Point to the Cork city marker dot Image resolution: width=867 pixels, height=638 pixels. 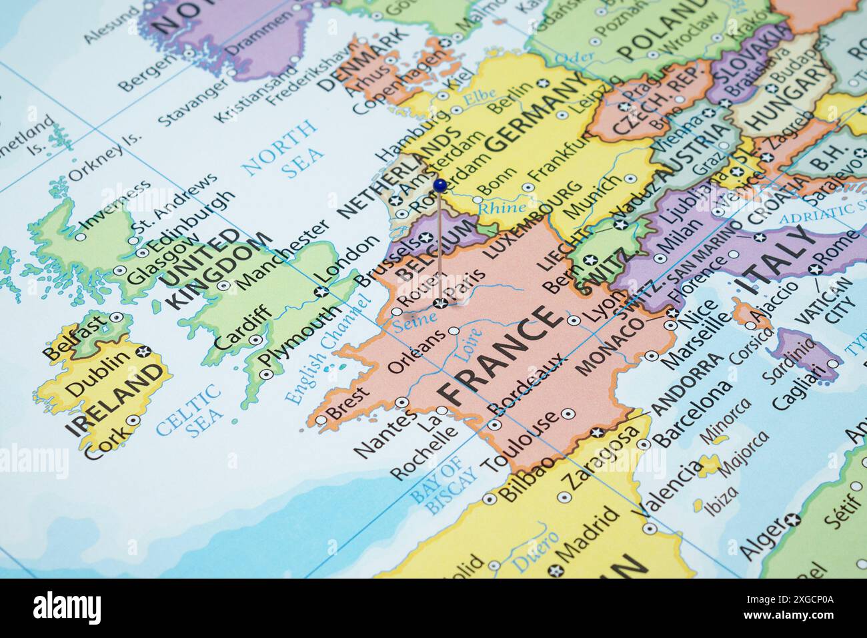click(x=134, y=420)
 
